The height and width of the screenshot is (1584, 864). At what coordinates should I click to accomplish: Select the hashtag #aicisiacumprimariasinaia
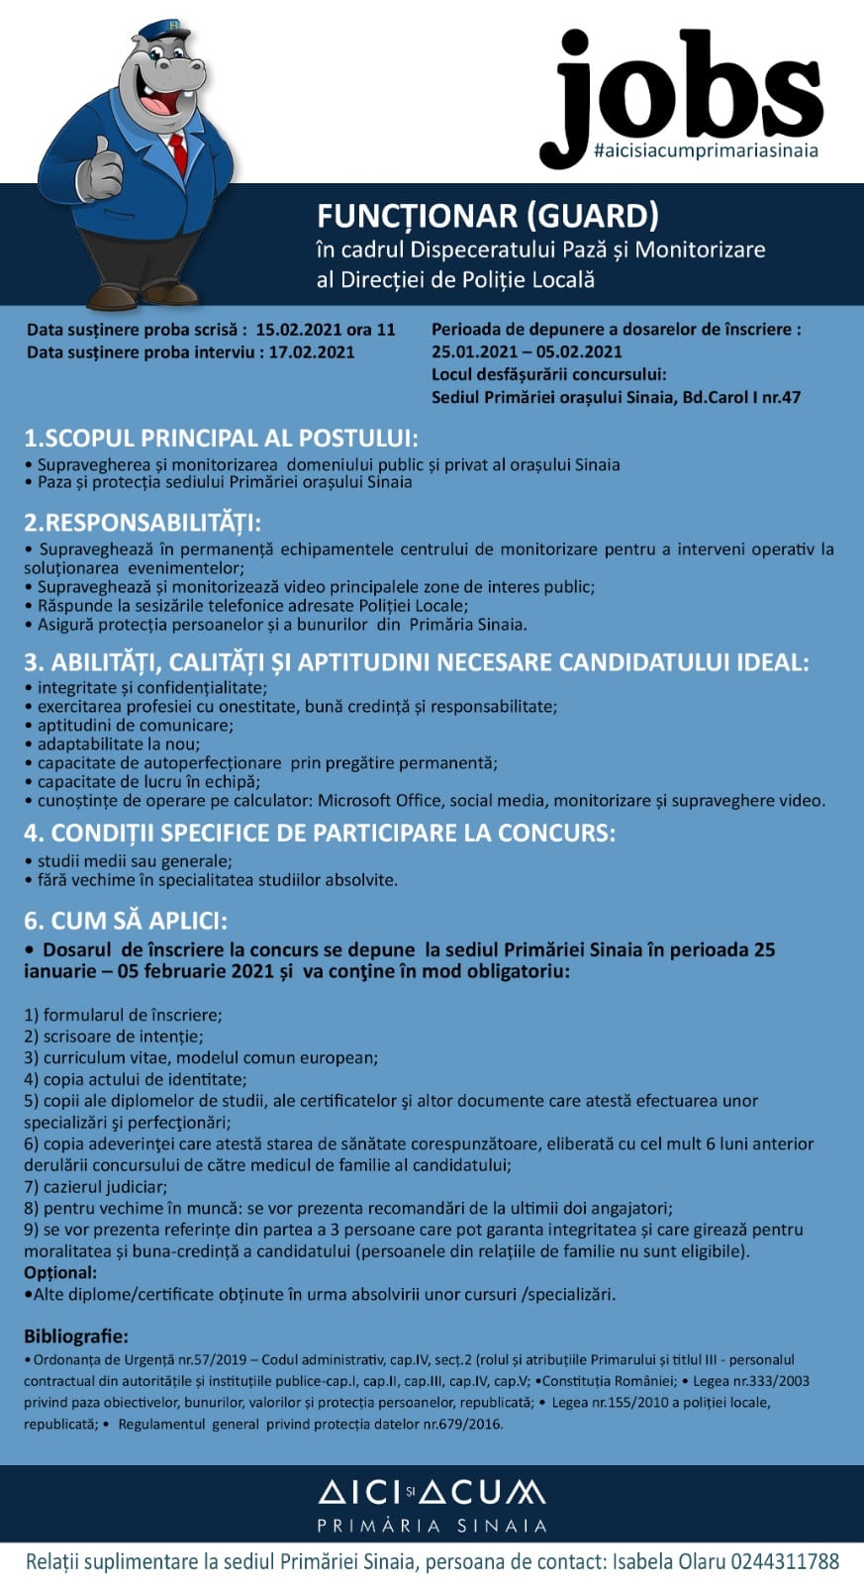[706, 151]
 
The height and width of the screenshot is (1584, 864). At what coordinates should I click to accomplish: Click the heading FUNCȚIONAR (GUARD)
[487, 216]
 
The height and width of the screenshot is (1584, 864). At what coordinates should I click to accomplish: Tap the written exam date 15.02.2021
[299, 330]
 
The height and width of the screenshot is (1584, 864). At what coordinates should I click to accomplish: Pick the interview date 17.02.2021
[311, 351]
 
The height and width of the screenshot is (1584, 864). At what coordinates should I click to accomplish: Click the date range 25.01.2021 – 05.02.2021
[527, 351]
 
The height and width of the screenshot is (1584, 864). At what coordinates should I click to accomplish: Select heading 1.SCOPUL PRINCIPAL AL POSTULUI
[221, 438]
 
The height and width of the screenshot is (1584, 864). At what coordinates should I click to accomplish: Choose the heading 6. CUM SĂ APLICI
[125, 920]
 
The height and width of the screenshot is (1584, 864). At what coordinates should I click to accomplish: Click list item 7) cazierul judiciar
[96, 1186]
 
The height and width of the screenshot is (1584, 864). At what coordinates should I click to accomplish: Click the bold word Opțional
[60, 1272]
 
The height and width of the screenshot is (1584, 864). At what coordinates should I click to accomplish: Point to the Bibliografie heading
[75, 1336]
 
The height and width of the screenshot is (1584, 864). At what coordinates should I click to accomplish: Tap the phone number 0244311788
[784, 1562]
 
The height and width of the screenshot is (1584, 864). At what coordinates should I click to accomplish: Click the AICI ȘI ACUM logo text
[432, 1492]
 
